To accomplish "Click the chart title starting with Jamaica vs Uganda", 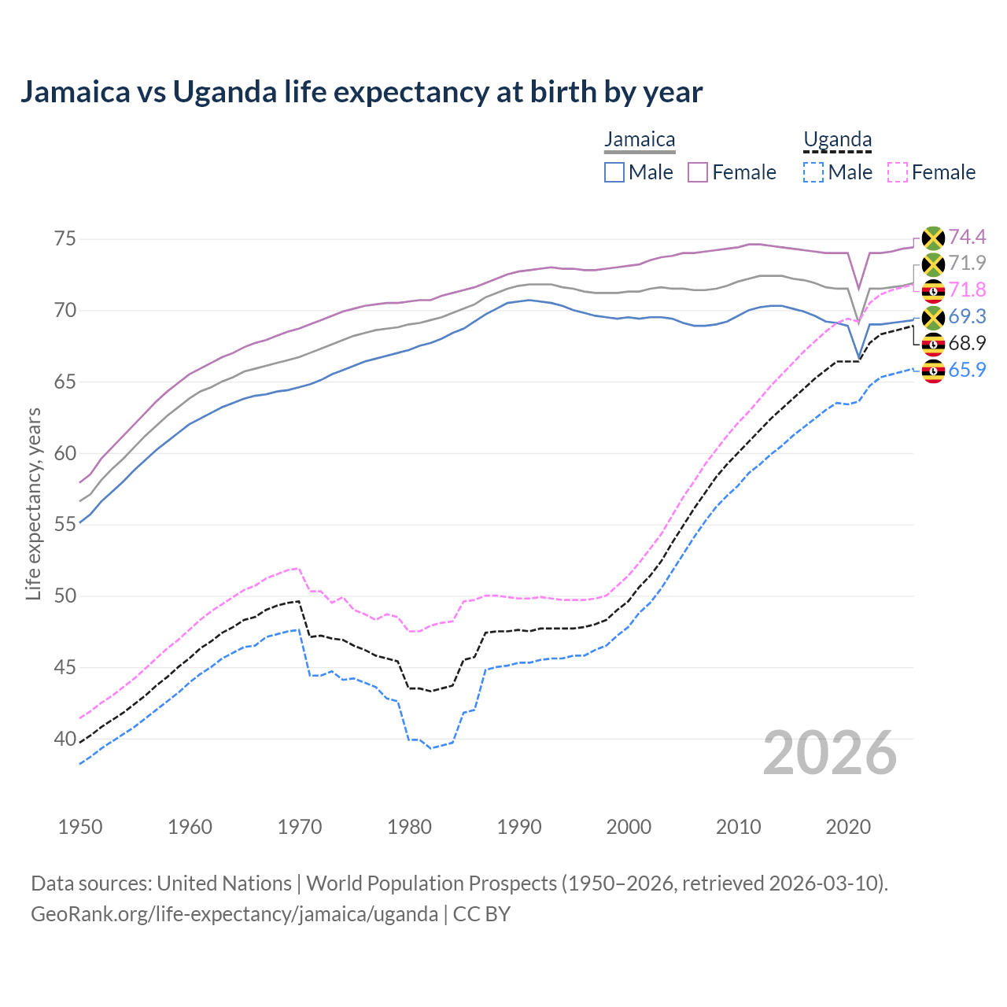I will click(x=361, y=92).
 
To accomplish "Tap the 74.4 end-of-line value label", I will click(x=967, y=237).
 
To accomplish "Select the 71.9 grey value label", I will click(x=967, y=263).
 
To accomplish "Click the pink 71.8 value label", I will click(x=967, y=290).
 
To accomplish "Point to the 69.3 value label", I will click(x=967, y=316).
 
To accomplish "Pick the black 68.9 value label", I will click(x=967, y=343).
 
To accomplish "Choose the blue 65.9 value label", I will click(x=967, y=370).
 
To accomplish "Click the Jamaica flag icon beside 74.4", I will click(x=933, y=238).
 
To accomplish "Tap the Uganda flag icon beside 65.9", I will click(x=933, y=371).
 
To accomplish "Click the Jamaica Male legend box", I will click(x=614, y=172).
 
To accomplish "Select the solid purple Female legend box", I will click(x=698, y=172).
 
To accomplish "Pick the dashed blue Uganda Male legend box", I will click(x=813, y=172).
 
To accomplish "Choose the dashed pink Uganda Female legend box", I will click(x=898, y=172).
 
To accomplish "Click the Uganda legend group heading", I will click(x=837, y=140).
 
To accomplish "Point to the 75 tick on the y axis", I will click(x=65, y=238).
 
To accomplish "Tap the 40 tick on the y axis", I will click(x=65, y=739).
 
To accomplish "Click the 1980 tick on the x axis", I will click(x=409, y=827).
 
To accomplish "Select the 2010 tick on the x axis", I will click(x=738, y=827).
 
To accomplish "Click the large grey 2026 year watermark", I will click(x=829, y=753).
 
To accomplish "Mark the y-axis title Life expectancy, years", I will click(x=34, y=503).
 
